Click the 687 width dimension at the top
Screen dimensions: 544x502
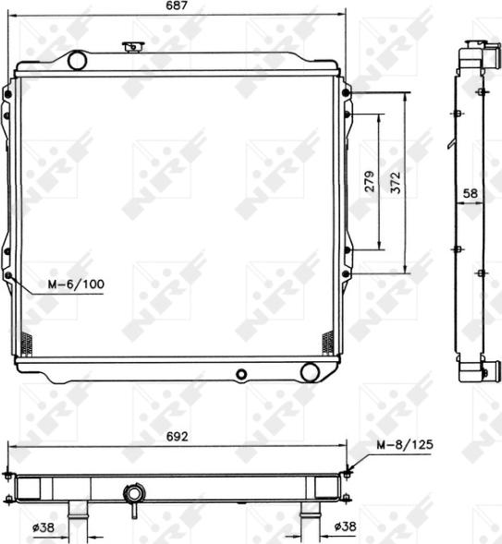pos(177,6)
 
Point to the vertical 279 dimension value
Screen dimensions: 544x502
pos(369,181)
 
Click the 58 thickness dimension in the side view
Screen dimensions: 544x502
pos(470,194)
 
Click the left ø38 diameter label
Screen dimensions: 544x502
pos(42,526)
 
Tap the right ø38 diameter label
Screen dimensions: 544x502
pos(345,526)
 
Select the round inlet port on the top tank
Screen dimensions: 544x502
pos(78,61)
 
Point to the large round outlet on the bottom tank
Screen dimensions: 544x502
pos(309,372)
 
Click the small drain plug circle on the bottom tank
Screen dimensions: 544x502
pos(241,374)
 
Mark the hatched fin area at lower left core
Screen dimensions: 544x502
pos(26,344)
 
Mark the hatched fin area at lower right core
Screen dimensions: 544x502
pos(327,344)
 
